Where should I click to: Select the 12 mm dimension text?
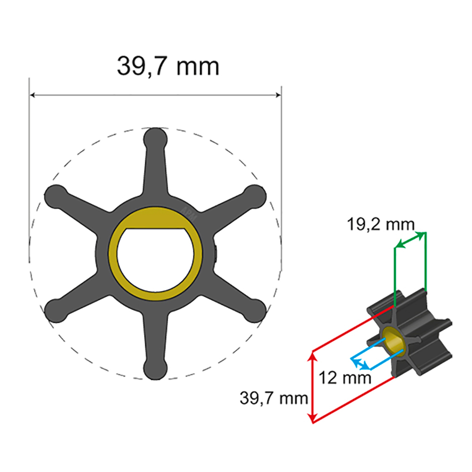coord(345,378)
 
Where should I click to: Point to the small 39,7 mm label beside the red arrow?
coord(274,398)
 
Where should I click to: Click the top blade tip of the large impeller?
coord(155,138)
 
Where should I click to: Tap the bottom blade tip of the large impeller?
coord(155,369)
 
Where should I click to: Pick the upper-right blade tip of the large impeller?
coord(255,194)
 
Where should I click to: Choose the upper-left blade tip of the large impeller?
coord(55,194)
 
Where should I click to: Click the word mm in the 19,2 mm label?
coord(399,224)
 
